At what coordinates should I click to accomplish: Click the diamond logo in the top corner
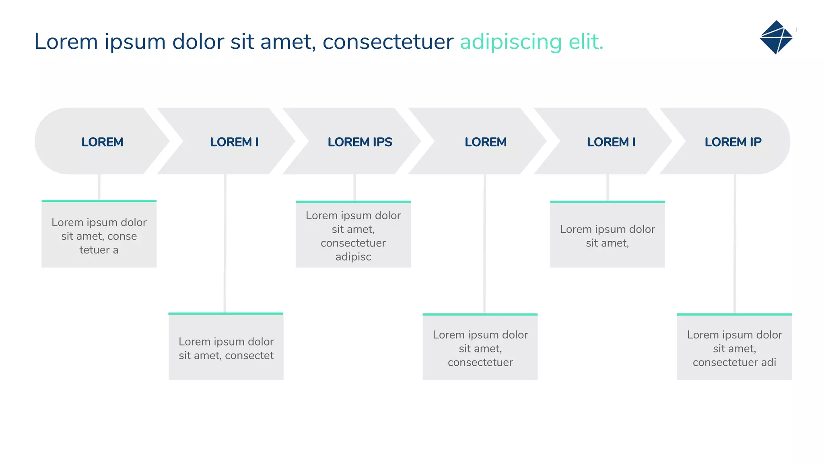click(x=776, y=37)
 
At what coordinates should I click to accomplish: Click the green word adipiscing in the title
click(x=511, y=42)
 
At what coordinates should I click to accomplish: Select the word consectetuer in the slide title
click(x=388, y=42)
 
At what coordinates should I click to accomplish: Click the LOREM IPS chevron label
click(x=360, y=142)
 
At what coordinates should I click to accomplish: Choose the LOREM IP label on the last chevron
click(x=733, y=142)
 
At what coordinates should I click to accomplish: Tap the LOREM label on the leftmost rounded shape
click(x=102, y=142)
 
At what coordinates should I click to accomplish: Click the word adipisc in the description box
click(x=353, y=257)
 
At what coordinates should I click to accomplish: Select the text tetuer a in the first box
click(x=99, y=250)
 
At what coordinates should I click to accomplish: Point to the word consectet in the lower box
click(x=249, y=356)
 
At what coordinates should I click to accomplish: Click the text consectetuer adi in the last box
click(x=734, y=362)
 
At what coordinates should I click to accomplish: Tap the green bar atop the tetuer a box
click(x=99, y=201)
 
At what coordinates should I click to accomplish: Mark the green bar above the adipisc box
click(x=353, y=202)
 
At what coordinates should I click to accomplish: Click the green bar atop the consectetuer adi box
click(x=734, y=314)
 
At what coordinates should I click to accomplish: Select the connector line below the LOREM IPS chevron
click(x=354, y=187)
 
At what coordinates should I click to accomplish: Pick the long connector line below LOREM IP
click(x=735, y=244)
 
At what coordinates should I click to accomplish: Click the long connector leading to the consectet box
click(x=225, y=243)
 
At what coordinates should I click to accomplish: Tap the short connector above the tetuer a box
click(x=99, y=187)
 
